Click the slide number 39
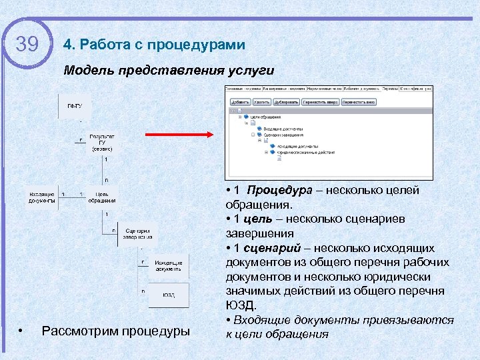pos(27,45)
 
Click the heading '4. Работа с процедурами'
pos(154,45)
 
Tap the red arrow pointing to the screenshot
pos(177,134)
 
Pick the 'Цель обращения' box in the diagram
pos(102,197)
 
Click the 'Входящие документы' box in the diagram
pos(42,197)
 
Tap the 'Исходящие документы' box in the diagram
pos(168,265)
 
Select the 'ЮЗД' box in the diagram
pos(168,295)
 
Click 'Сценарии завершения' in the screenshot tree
pos(280,133)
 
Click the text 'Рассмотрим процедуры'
pos(115,331)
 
